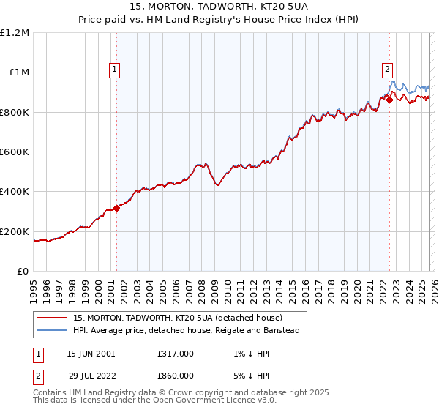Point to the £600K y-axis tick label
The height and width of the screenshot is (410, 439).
point(15,152)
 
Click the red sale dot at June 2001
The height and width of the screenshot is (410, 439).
point(116,209)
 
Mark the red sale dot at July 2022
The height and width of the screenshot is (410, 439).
point(389,100)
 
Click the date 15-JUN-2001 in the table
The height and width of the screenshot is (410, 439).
point(91,353)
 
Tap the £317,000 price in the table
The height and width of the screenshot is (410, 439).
point(176,353)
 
